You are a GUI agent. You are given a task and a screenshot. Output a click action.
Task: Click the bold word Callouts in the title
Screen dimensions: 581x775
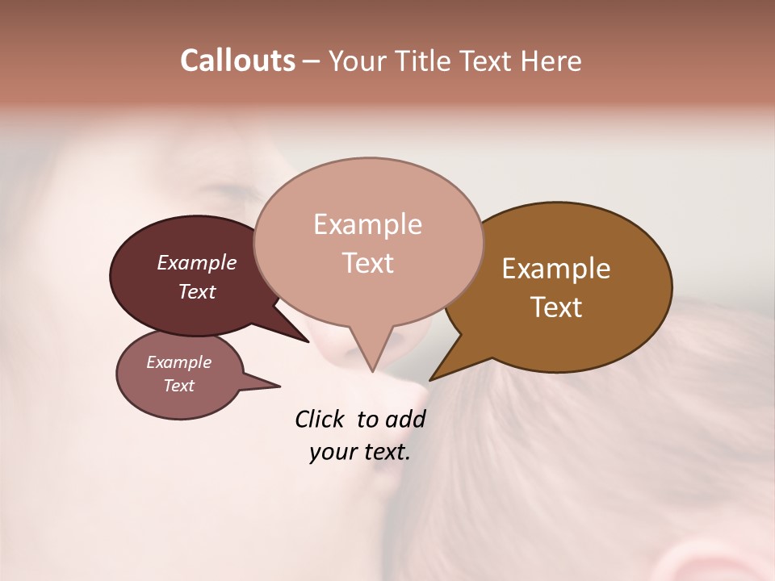click(x=237, y=61)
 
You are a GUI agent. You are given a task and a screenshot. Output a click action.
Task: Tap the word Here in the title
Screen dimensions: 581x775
click(x=551, y=61)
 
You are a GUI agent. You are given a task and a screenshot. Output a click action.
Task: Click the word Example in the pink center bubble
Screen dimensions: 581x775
click(x=367, y=224)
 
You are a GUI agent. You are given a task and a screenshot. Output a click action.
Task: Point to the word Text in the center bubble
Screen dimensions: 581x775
click(x=367, y=263)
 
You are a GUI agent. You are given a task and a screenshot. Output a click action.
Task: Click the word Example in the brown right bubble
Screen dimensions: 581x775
click(x=556, y=269)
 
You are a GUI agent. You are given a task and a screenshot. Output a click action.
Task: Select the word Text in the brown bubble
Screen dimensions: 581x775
click(x=556, y=307)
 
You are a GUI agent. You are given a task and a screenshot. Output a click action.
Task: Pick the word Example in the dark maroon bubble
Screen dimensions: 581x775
click(x=197, y=263)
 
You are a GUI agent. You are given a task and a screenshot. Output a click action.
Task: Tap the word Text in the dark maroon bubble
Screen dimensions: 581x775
click(x=197, y=291)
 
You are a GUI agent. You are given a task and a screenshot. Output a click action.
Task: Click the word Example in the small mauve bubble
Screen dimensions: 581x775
click(x=178, y=362)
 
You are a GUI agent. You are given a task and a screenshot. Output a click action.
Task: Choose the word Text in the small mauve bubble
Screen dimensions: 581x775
click(x=178, y=386)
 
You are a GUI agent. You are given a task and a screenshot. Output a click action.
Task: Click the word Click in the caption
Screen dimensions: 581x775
click(x=320, y=419)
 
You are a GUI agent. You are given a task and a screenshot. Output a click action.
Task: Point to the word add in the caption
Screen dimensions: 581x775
click(x=406, y=419)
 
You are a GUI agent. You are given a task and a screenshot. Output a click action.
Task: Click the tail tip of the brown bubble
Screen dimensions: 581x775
click(x=430, y=380)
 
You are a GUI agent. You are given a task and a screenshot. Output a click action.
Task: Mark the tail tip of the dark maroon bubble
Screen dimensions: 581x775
click(x=308, y=341)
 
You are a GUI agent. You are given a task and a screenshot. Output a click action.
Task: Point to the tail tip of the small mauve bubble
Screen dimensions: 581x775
click(x=279, y=386)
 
